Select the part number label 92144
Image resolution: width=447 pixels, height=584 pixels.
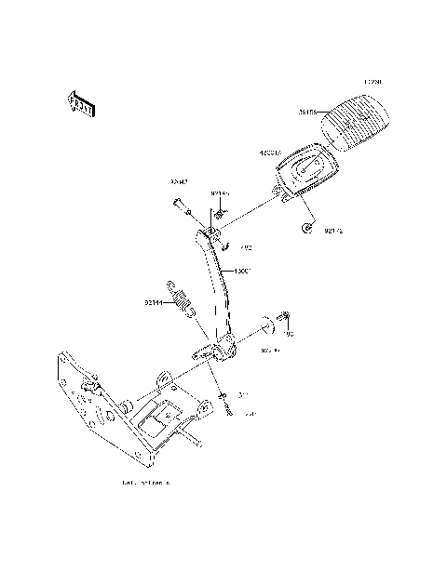[155, 301]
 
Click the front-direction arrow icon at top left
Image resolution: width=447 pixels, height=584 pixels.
[82, 104]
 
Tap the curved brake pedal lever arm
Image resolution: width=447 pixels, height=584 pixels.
[214, 279]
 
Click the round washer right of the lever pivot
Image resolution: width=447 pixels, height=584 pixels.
[264, 326]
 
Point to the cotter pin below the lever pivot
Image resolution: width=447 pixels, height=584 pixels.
[226, 404]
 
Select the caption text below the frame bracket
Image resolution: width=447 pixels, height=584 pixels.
[146, 484]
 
